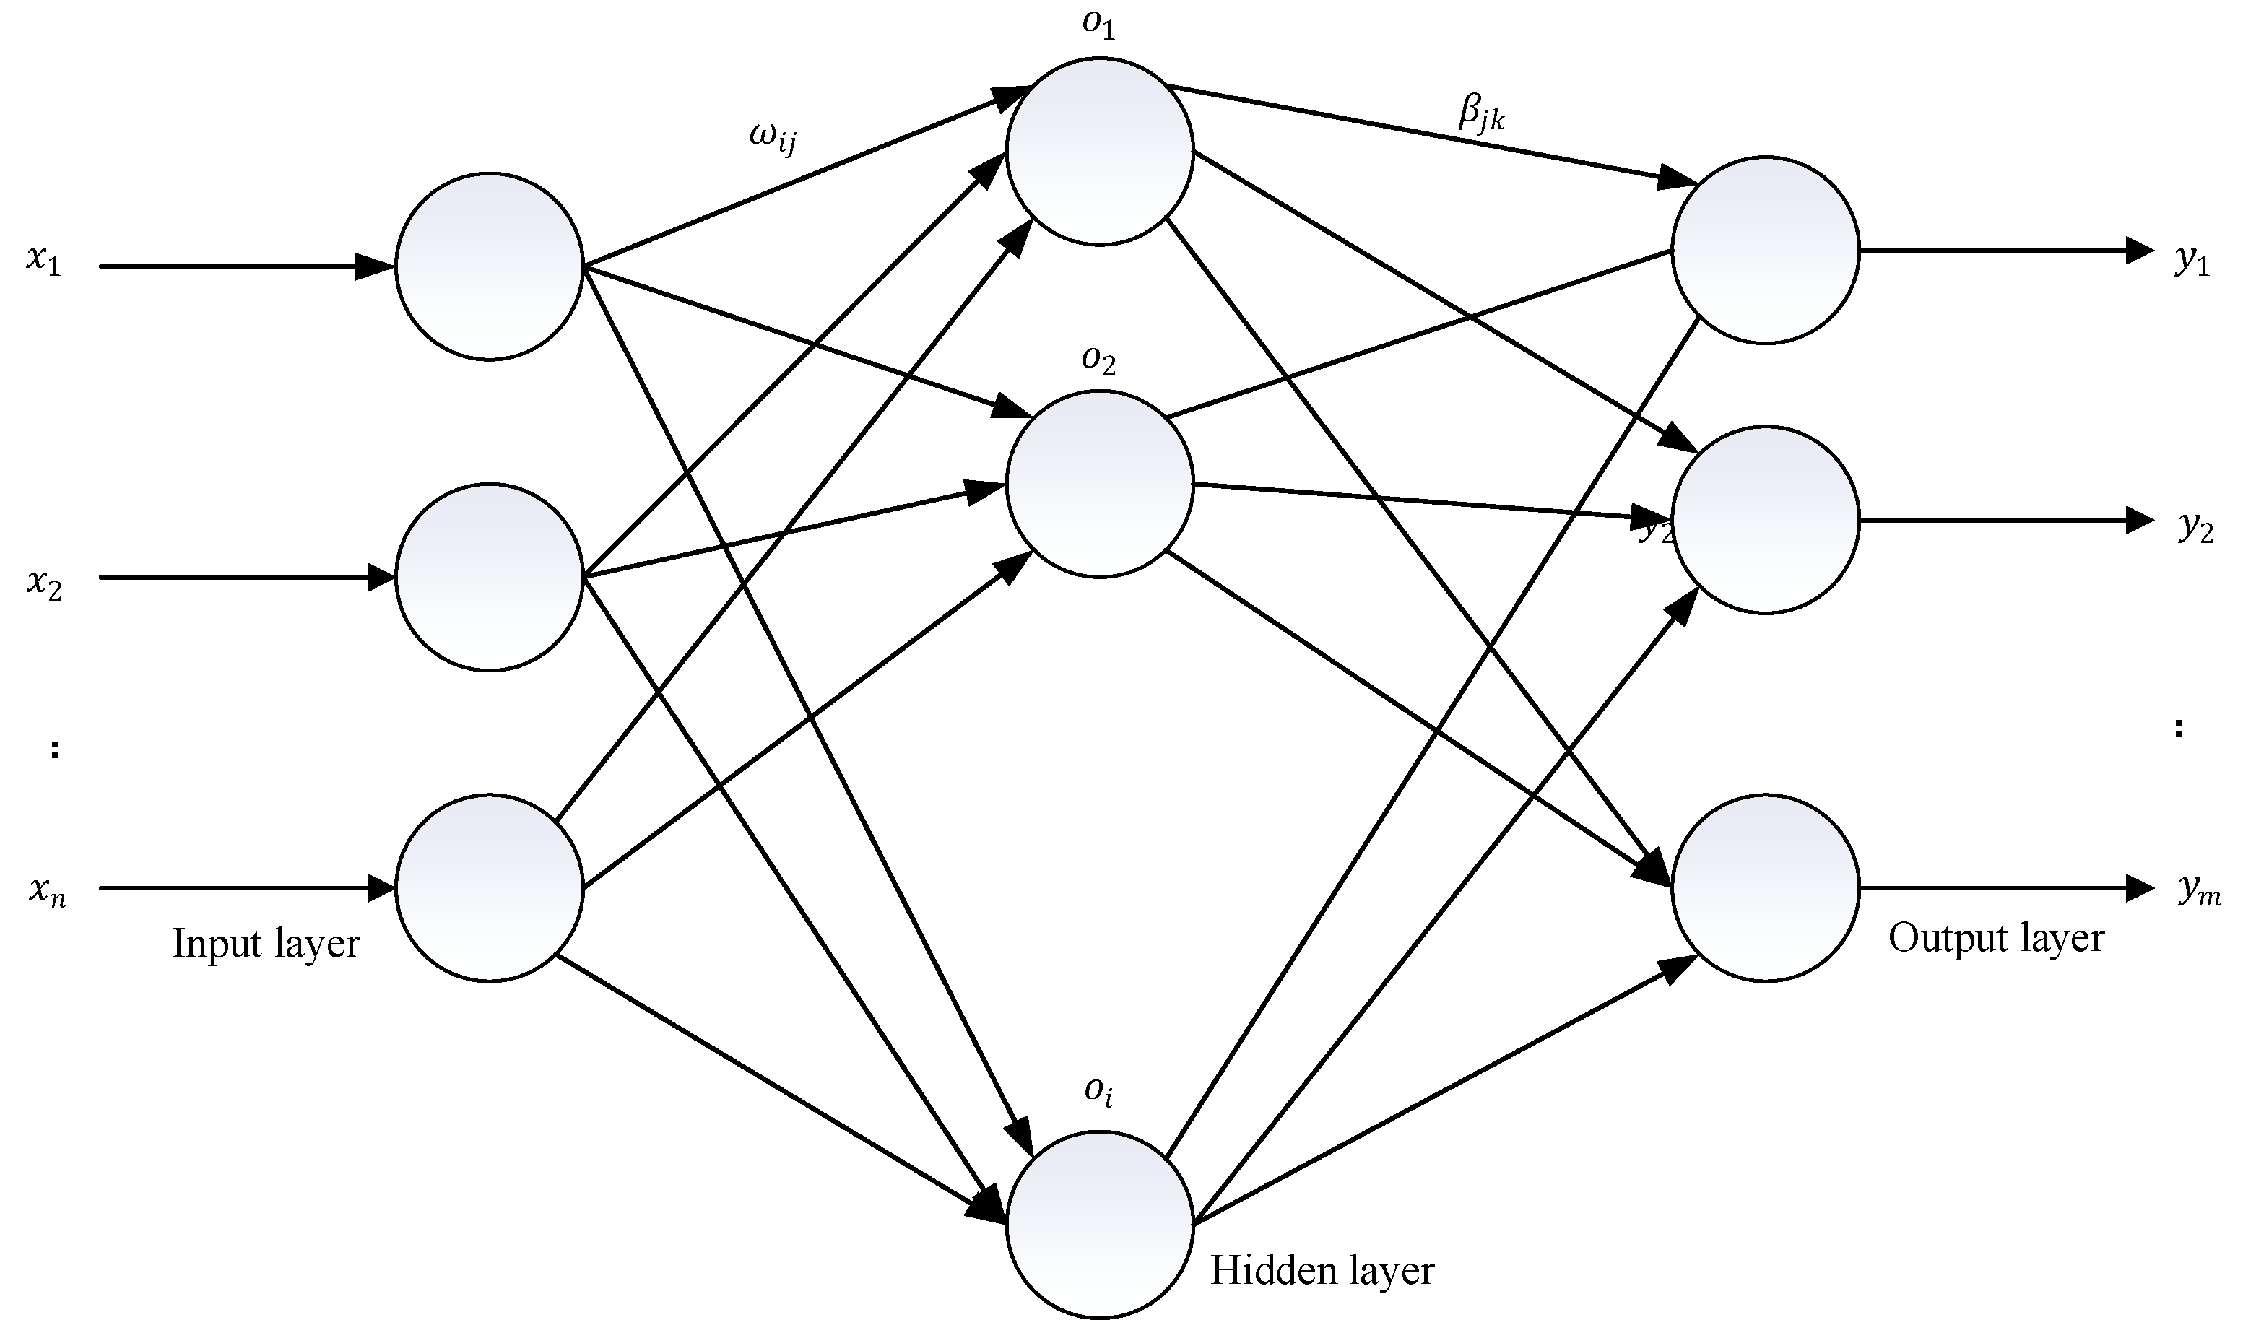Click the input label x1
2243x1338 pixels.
[x=43, y=261]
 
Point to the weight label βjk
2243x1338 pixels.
[x=1481, y=115]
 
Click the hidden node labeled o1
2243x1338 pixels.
[x=1099, y=152]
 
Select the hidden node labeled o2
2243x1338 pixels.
[x=1099, y=485]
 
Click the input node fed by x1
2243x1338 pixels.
[x=490, y=267]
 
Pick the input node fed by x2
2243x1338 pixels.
[x=490, y=577]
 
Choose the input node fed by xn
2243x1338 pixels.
[x=490, y=888]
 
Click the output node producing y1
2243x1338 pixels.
[x=1765, y=250]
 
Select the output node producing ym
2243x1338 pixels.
[x=1765, y=888]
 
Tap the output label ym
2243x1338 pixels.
[x=2200, y=892]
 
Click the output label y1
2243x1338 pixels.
[x=2192, y=261]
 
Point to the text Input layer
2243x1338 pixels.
[x=266, y=944]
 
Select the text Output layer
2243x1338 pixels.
[x=1996, y=939]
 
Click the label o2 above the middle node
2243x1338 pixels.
[x=1099, y=360]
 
